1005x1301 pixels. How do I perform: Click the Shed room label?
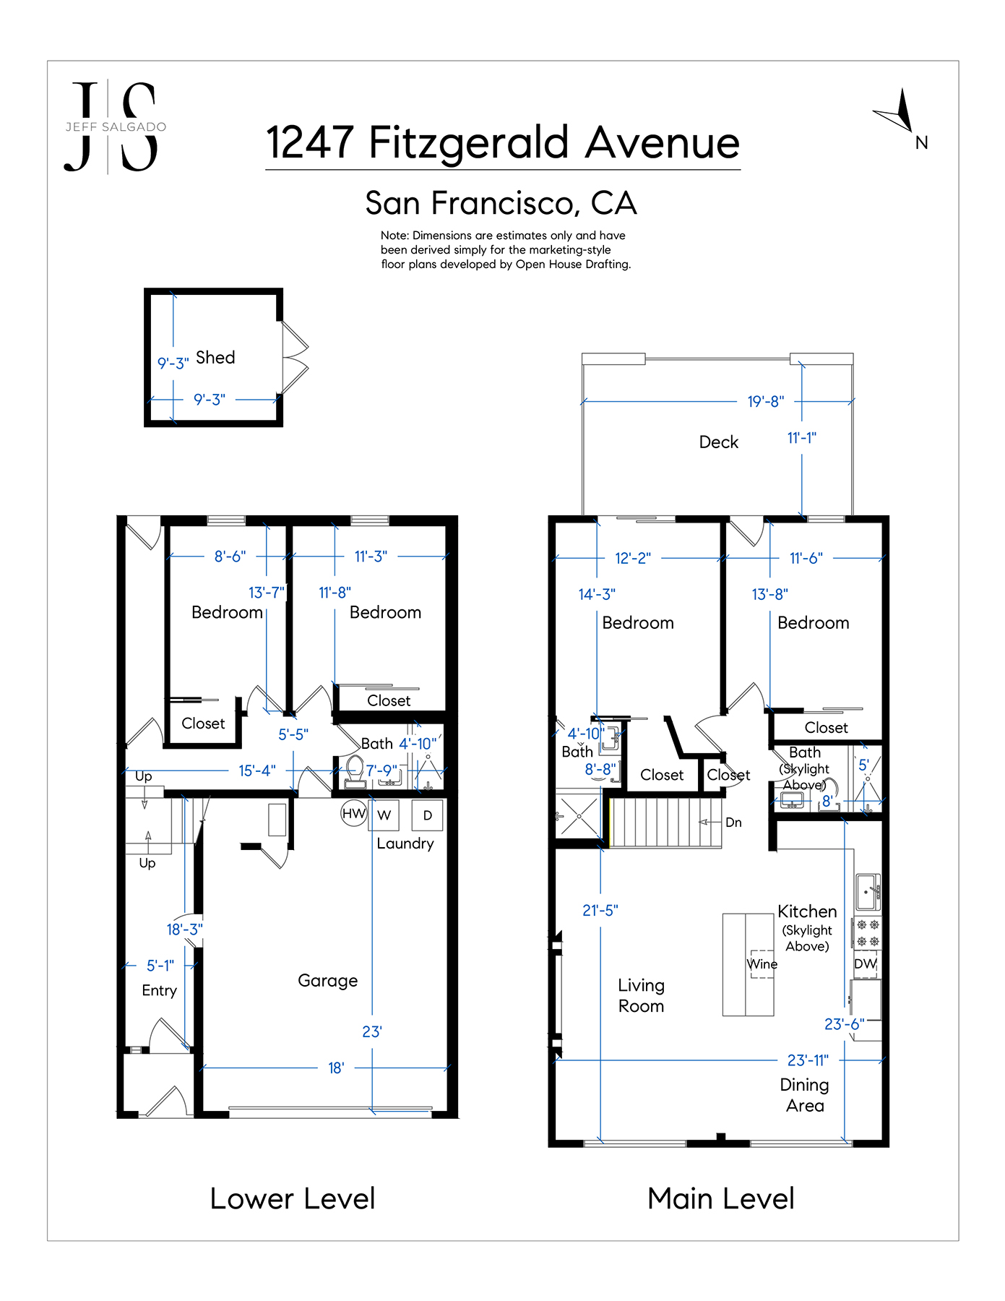(x=215, y=358)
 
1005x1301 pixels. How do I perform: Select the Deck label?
(x=719, y=442)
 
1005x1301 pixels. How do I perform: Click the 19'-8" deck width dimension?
(x=766, y=401)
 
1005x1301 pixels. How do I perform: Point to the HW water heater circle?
(x=354, y=814)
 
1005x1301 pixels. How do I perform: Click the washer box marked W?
(x=384, y=815)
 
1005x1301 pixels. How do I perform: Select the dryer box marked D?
(x=428, y=815)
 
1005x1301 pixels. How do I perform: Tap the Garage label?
(x=328, y=981)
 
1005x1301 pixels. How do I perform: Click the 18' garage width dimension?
(x=336, y=1068)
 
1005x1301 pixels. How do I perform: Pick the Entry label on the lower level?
(x=160, y=991)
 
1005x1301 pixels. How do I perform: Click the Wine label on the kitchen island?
(x=762, y=964)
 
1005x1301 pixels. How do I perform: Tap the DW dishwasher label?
(x=865, y=963)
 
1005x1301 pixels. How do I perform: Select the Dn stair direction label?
(x=733, y=823)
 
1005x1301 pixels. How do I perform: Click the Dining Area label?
(x=805, y=1095)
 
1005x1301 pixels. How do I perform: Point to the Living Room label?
(x=642, y=996)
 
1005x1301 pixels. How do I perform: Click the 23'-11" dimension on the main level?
(x=808, y=1060)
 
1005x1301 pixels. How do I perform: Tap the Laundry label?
(x=405, y=844)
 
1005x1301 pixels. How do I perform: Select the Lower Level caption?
(x=293, y=1198)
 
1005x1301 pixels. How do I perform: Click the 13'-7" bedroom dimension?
(x=267, y=593)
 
